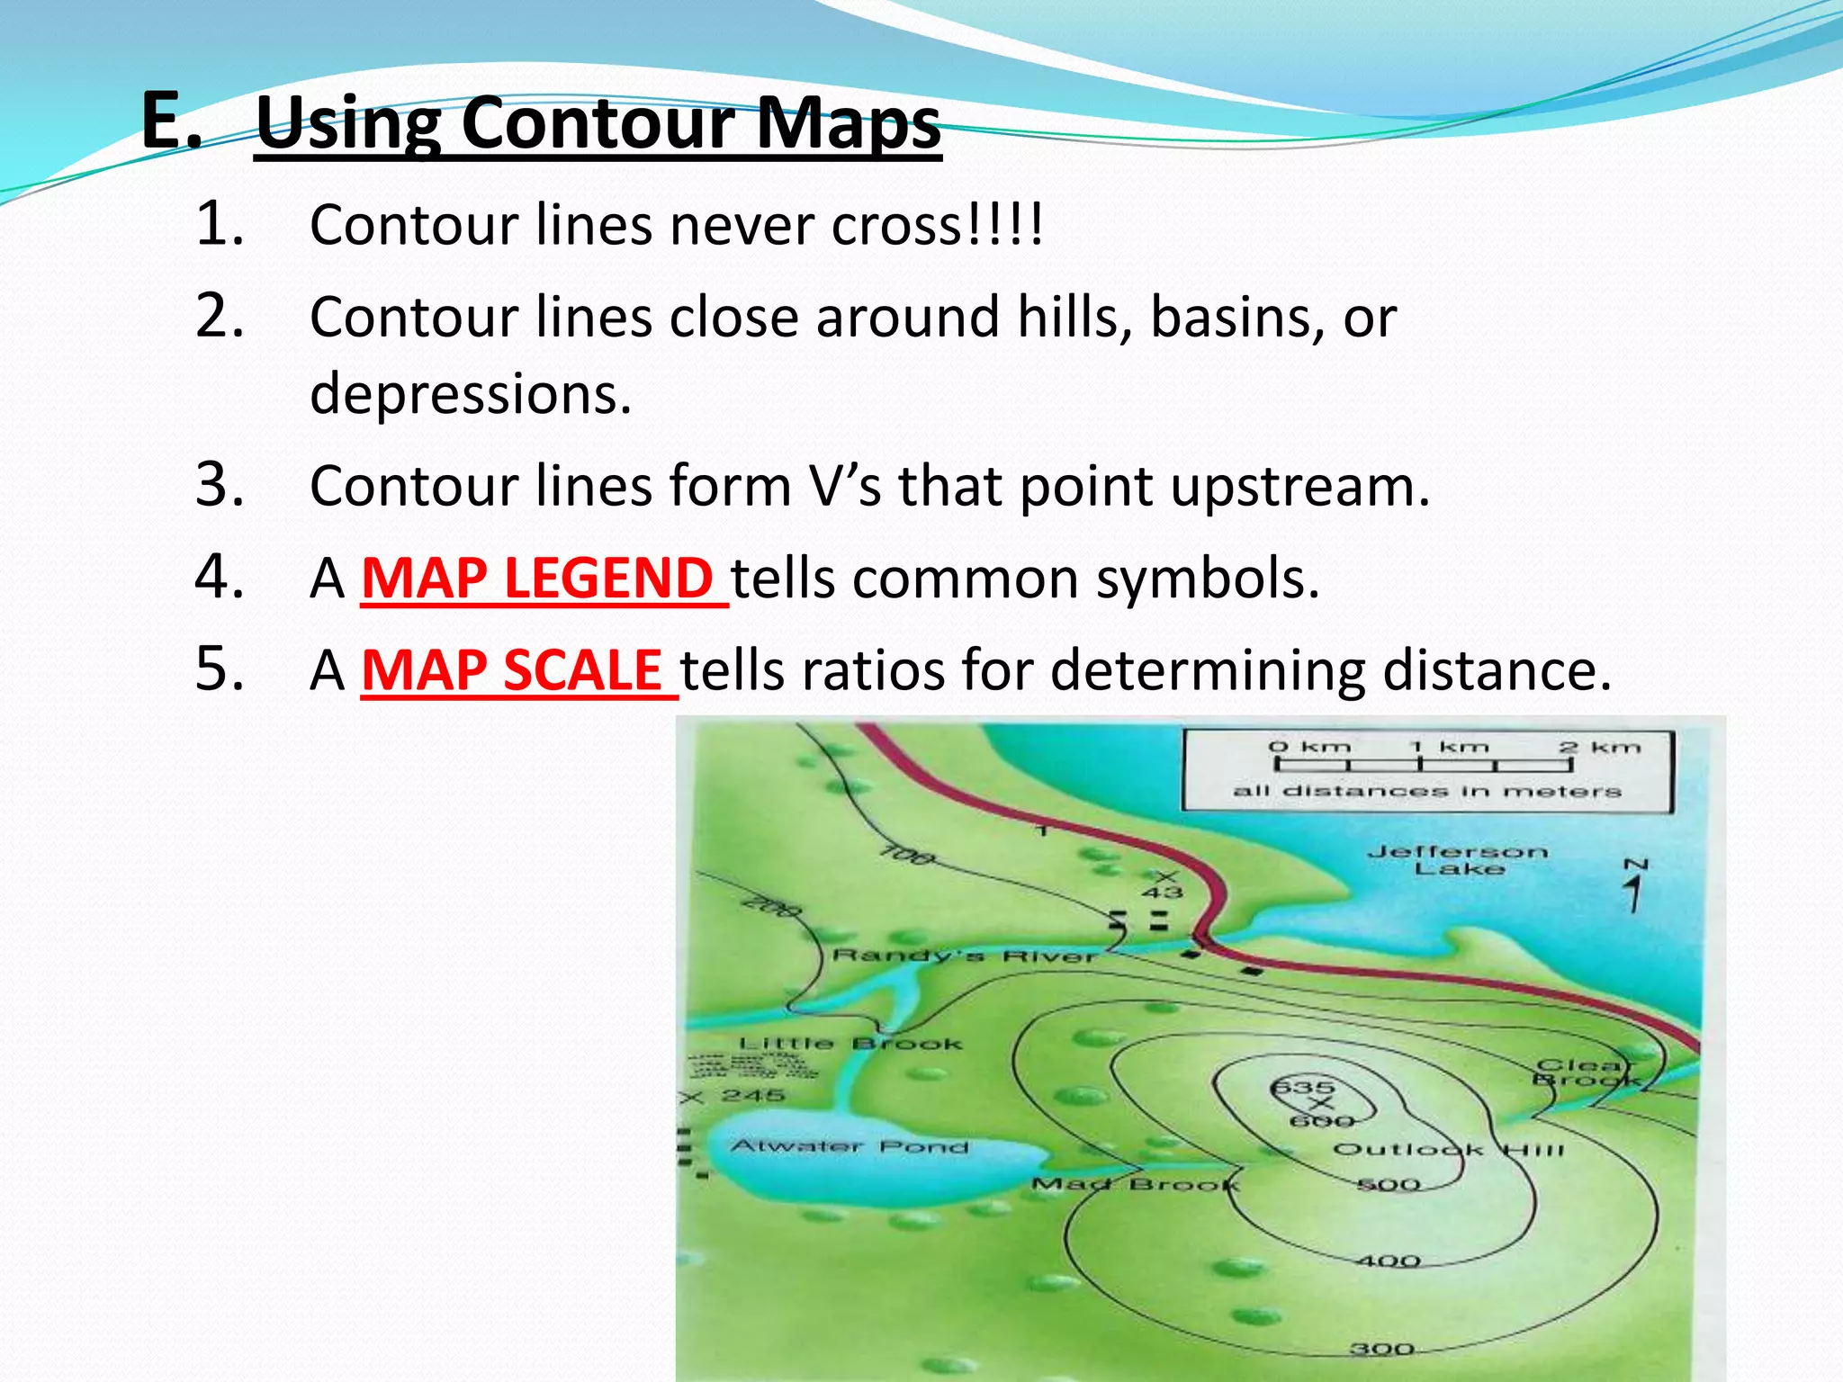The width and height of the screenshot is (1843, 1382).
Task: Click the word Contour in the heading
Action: [598, 123]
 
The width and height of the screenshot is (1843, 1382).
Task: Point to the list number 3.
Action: [219, 485]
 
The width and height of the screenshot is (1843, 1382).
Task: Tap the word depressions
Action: [471, 394]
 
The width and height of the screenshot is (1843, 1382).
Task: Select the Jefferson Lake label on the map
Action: [1458, 859]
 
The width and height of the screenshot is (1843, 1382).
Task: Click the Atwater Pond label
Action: [850, 1146]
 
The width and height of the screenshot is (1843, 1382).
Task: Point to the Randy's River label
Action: [965, 956]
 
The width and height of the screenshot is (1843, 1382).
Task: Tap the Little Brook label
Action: [850, 1044]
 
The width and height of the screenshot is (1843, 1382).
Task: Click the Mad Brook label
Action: [1136, 1184]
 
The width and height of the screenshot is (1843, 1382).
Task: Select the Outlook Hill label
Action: [1448, 1150]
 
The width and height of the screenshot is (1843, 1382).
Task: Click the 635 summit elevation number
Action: [1302, 1087]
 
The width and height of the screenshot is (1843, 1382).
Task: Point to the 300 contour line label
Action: [1382, 1349]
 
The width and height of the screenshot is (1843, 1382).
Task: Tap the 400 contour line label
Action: [1389, 1261]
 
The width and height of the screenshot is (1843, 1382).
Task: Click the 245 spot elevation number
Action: [753, 1095]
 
